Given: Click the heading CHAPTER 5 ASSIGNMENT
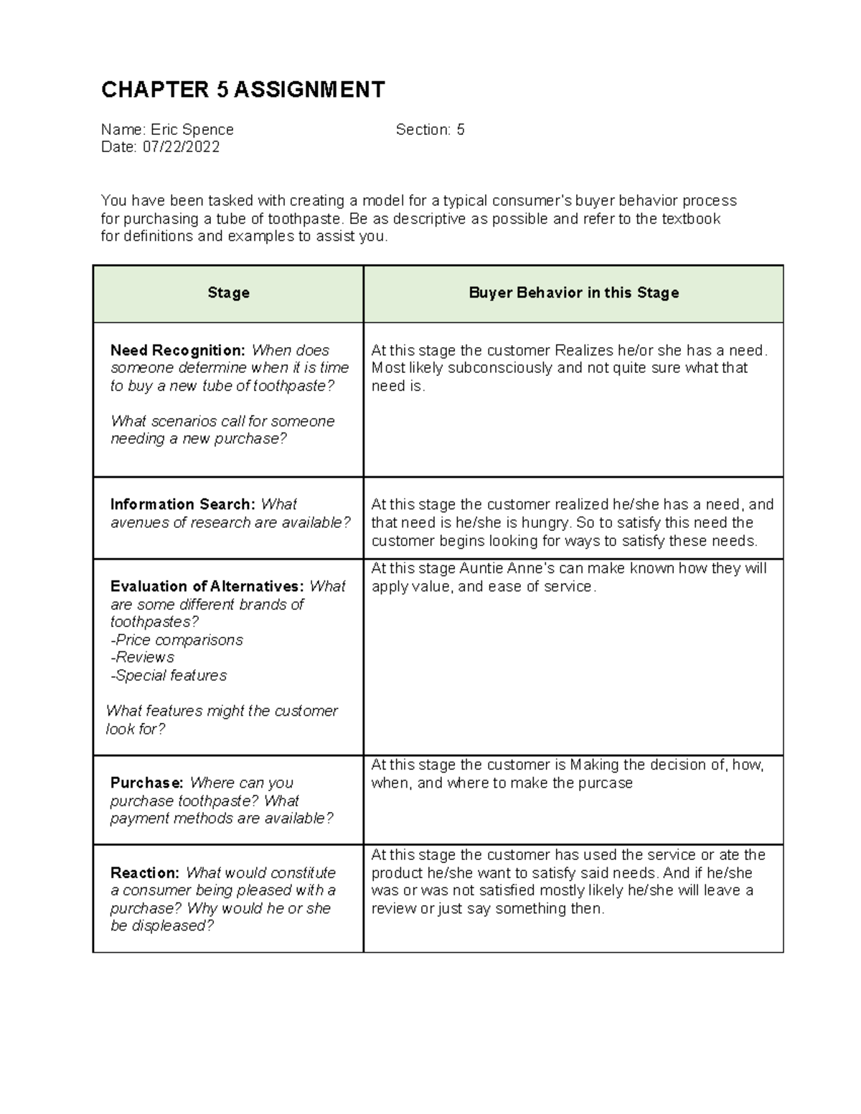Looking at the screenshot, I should click(x=243, y=90).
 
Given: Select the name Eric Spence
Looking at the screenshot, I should click(x=192, y=130).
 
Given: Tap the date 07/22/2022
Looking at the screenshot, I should click(x=181, y=147).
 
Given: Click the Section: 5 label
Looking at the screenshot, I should click(x=430, y=130).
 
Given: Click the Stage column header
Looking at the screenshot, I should click(x=228, y=293).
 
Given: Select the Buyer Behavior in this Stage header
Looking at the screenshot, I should click(x=573, y=293).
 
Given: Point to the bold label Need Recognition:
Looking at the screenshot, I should click(x=177, y=351).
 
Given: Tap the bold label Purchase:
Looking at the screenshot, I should click(x=146, y=783).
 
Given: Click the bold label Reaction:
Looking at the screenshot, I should click(x=144, y=873).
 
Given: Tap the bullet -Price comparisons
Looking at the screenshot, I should click(x=177, y=640).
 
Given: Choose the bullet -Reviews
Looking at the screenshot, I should click(x=142, y=657).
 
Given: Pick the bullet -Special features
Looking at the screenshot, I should click(x=168, y=675).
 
